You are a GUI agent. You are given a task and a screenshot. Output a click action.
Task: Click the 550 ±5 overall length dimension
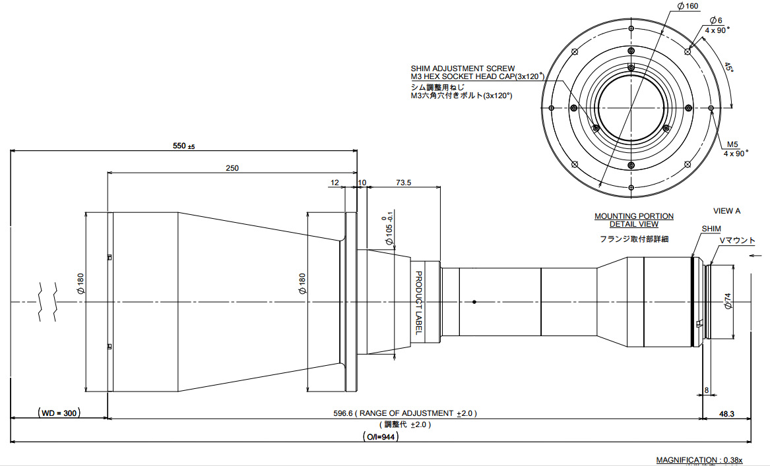[183, 146]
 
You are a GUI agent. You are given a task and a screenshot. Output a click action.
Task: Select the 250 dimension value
[232, 168]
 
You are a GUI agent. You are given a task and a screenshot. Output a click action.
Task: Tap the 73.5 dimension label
[404, 183]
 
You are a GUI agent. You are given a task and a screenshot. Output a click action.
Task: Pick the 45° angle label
[728, 68]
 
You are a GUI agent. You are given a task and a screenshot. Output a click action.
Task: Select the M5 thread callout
[733, 144]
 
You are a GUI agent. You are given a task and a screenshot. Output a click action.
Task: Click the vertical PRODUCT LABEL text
[418, 303]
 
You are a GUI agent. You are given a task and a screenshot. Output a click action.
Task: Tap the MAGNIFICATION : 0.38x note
[699, 460]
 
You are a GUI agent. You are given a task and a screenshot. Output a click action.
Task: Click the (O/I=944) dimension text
[382, 436]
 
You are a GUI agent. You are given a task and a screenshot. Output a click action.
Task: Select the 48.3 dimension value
[726, 413]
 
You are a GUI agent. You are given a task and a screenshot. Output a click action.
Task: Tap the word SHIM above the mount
[711, 229]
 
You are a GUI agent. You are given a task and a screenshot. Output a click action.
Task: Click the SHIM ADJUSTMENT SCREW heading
[463, 69]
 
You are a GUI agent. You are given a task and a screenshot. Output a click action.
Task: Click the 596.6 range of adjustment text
[405, 413]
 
